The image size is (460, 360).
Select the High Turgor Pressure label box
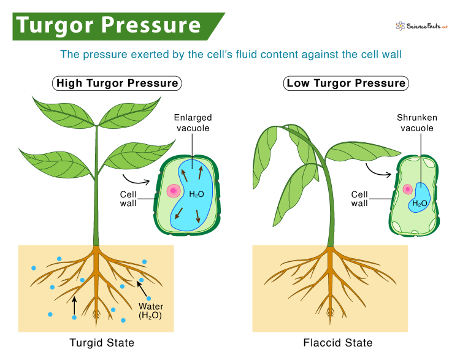coord(117,83)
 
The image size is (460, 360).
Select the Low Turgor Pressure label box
coord(347,83)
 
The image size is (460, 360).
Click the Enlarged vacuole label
coord(192,123)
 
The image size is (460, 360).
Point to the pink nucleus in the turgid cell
coord(171,190)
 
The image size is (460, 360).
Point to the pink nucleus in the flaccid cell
coord(407,190)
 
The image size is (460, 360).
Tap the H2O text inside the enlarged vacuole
coord(196,194)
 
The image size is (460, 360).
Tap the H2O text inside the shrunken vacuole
coord(420,203)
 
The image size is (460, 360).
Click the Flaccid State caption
coord(337,342)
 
